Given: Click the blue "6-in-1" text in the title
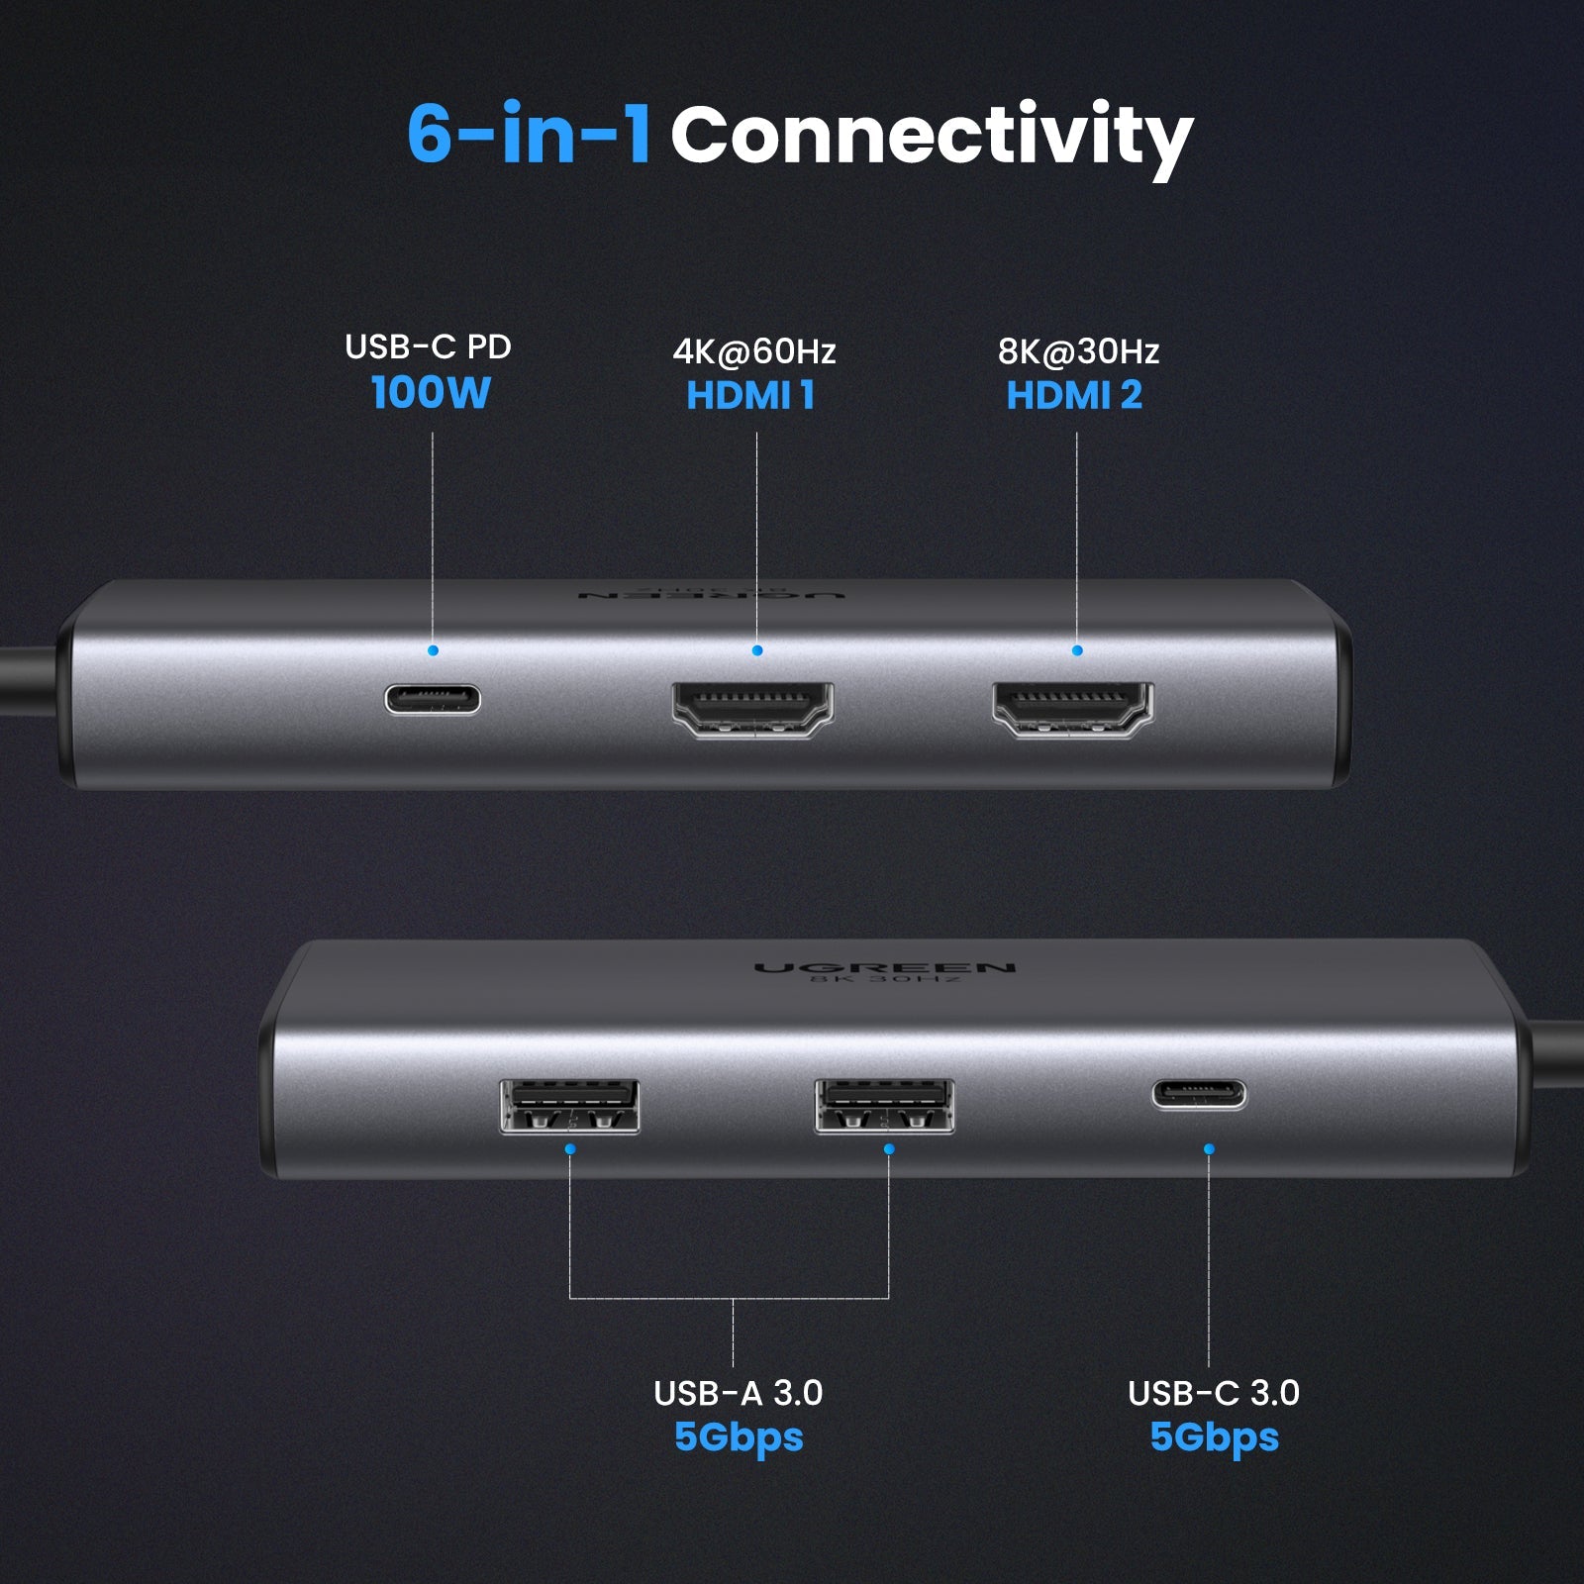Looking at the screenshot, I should click(529, 134).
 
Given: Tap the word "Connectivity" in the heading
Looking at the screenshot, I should click(931, 137).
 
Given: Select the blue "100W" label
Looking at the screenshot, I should click(431, 393).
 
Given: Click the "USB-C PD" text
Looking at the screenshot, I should click(428, 346).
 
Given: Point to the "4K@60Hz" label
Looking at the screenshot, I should click(754, 350).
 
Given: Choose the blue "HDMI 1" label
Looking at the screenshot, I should click(750, 395).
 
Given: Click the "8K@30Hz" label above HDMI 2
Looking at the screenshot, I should click(1078, 350).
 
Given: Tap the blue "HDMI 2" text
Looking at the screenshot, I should click(1074, 395).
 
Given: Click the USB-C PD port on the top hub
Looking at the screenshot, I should click(433, 699).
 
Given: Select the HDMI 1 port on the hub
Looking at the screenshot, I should click(753, 708).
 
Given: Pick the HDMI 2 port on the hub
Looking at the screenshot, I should click(1073, 708).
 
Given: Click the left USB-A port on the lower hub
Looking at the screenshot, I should click(569, 1106).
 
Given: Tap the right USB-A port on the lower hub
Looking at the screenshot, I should click(884, 1106).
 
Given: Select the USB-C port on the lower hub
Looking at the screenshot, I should click(1199, 1094).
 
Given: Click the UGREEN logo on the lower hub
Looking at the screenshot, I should click(884, 967).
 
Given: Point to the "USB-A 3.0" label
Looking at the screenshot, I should click(738, 1393).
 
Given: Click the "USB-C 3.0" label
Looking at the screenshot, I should click(1213, 1393).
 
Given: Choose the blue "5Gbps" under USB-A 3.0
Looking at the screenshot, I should click(739, 1436).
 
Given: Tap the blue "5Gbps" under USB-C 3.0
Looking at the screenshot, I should click(1214, 1436).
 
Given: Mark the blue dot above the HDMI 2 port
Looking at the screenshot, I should click(1077, 650).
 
